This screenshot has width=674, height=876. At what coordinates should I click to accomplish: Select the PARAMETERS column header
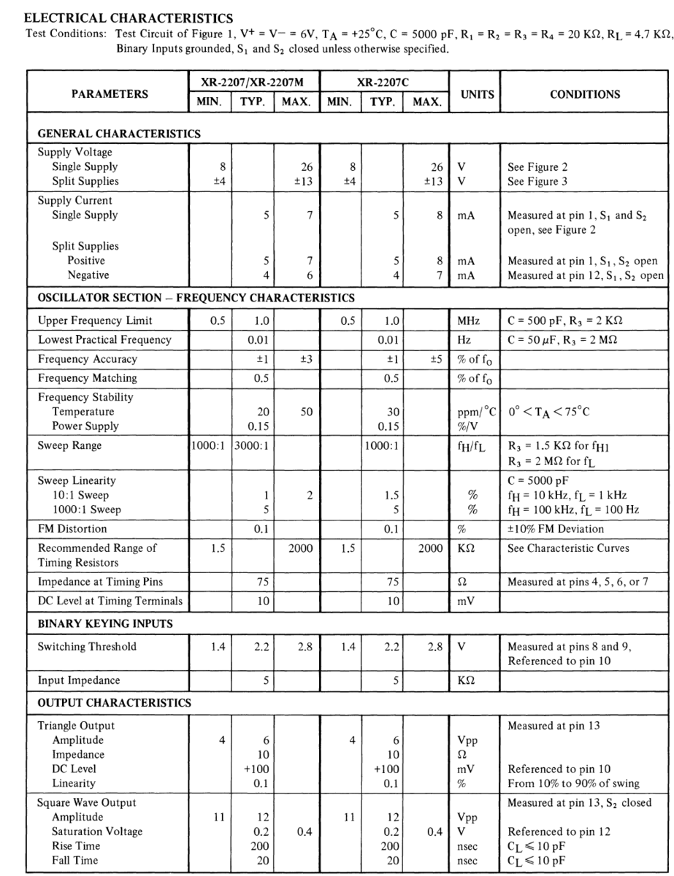pyautogui.click(x=110, y=93)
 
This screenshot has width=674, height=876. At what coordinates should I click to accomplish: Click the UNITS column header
pyautogui.click(x=475, y=93)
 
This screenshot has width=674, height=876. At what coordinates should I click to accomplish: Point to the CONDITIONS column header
pyautogui.click(x=585, y=93)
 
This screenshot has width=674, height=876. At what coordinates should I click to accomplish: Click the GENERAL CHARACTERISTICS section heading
pyautogui.click(x=119, y=134)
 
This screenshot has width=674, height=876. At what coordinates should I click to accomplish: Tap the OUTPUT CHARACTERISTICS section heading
pyautogui.click(x=114, y=703)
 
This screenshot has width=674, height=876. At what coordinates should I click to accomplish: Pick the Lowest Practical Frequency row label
pyautogui.click(x=104, y=339)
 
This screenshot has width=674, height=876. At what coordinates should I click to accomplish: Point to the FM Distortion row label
pyautogui.click(x=72, y=529)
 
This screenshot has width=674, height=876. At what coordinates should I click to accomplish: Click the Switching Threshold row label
pyautogui.click(x=87, y=646)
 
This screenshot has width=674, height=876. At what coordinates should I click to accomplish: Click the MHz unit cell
pyautogui.click(x=468, y=320)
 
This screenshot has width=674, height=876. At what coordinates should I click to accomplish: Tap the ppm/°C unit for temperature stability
pyautogui.click(x=476, y=412)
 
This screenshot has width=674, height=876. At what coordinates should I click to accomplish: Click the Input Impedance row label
pyautogui.click(x=79, y=680)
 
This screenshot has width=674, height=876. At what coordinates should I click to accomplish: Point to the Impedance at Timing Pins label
pyautogui.click(x=100, y=582)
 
